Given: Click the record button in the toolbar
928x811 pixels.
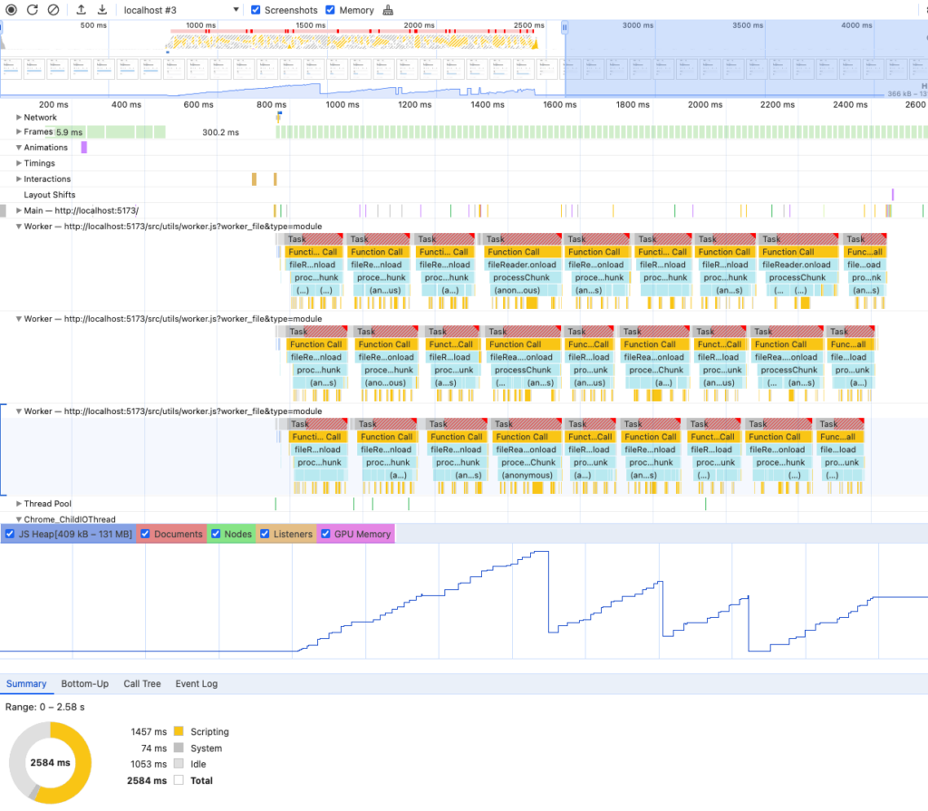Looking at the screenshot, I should [x=12, y=10].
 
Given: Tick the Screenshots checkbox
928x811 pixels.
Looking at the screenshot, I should [x=256, y=10].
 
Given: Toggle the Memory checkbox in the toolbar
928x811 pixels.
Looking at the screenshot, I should [x=331, y=10].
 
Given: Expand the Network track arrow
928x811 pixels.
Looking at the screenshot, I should [x=19, y=118].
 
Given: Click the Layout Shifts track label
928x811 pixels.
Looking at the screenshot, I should [x=49, y=195].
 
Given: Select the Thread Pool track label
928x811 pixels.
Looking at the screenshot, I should [x=47, y=504].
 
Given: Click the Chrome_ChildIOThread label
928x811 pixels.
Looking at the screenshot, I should [x=69, y=519].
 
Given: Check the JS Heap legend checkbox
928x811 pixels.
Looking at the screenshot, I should [x=10, y=535].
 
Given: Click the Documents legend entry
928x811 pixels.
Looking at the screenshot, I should [x=178, y=535].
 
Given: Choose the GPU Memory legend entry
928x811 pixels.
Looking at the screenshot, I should [x=362, y=535].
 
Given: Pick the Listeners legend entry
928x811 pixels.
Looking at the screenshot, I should [x=293, y=535].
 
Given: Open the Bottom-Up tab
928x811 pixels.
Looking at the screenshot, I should [x=84, y=684].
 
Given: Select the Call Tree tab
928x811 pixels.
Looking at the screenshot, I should [x=141, y=684].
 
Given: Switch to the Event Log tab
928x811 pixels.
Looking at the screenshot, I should [x=196, y=684].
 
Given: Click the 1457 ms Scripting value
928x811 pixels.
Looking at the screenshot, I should [x=149, y=732].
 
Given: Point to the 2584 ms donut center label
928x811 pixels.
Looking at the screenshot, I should [x=50, y=763].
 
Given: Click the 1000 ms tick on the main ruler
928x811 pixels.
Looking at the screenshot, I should [x=342, y=105].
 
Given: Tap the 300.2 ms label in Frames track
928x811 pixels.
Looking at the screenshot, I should [x=220, y=132].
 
